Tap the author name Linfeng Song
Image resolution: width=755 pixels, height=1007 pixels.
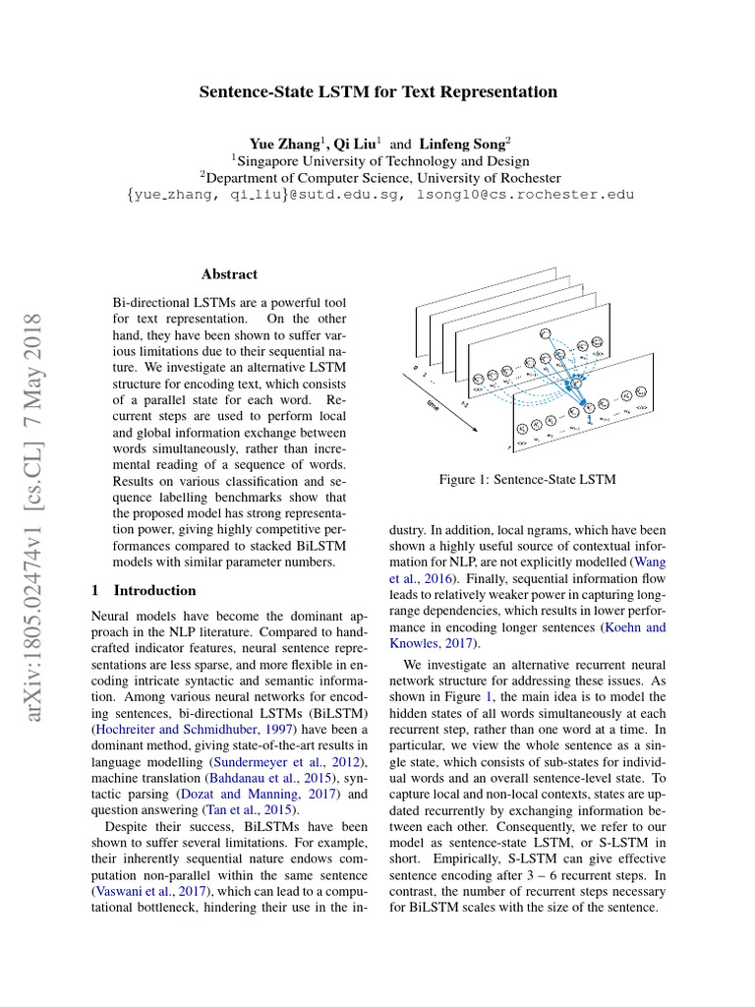point(461,143)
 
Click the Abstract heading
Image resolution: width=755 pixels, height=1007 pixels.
point(229,274)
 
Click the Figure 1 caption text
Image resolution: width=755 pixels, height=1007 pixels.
point(527,479)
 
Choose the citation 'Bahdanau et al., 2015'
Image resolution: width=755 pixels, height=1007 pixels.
point(258,779)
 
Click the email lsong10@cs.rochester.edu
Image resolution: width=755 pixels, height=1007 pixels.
point(526,195)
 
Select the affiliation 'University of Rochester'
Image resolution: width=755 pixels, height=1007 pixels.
point(489,178)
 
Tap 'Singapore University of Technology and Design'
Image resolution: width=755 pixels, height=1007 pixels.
point(383,160)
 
